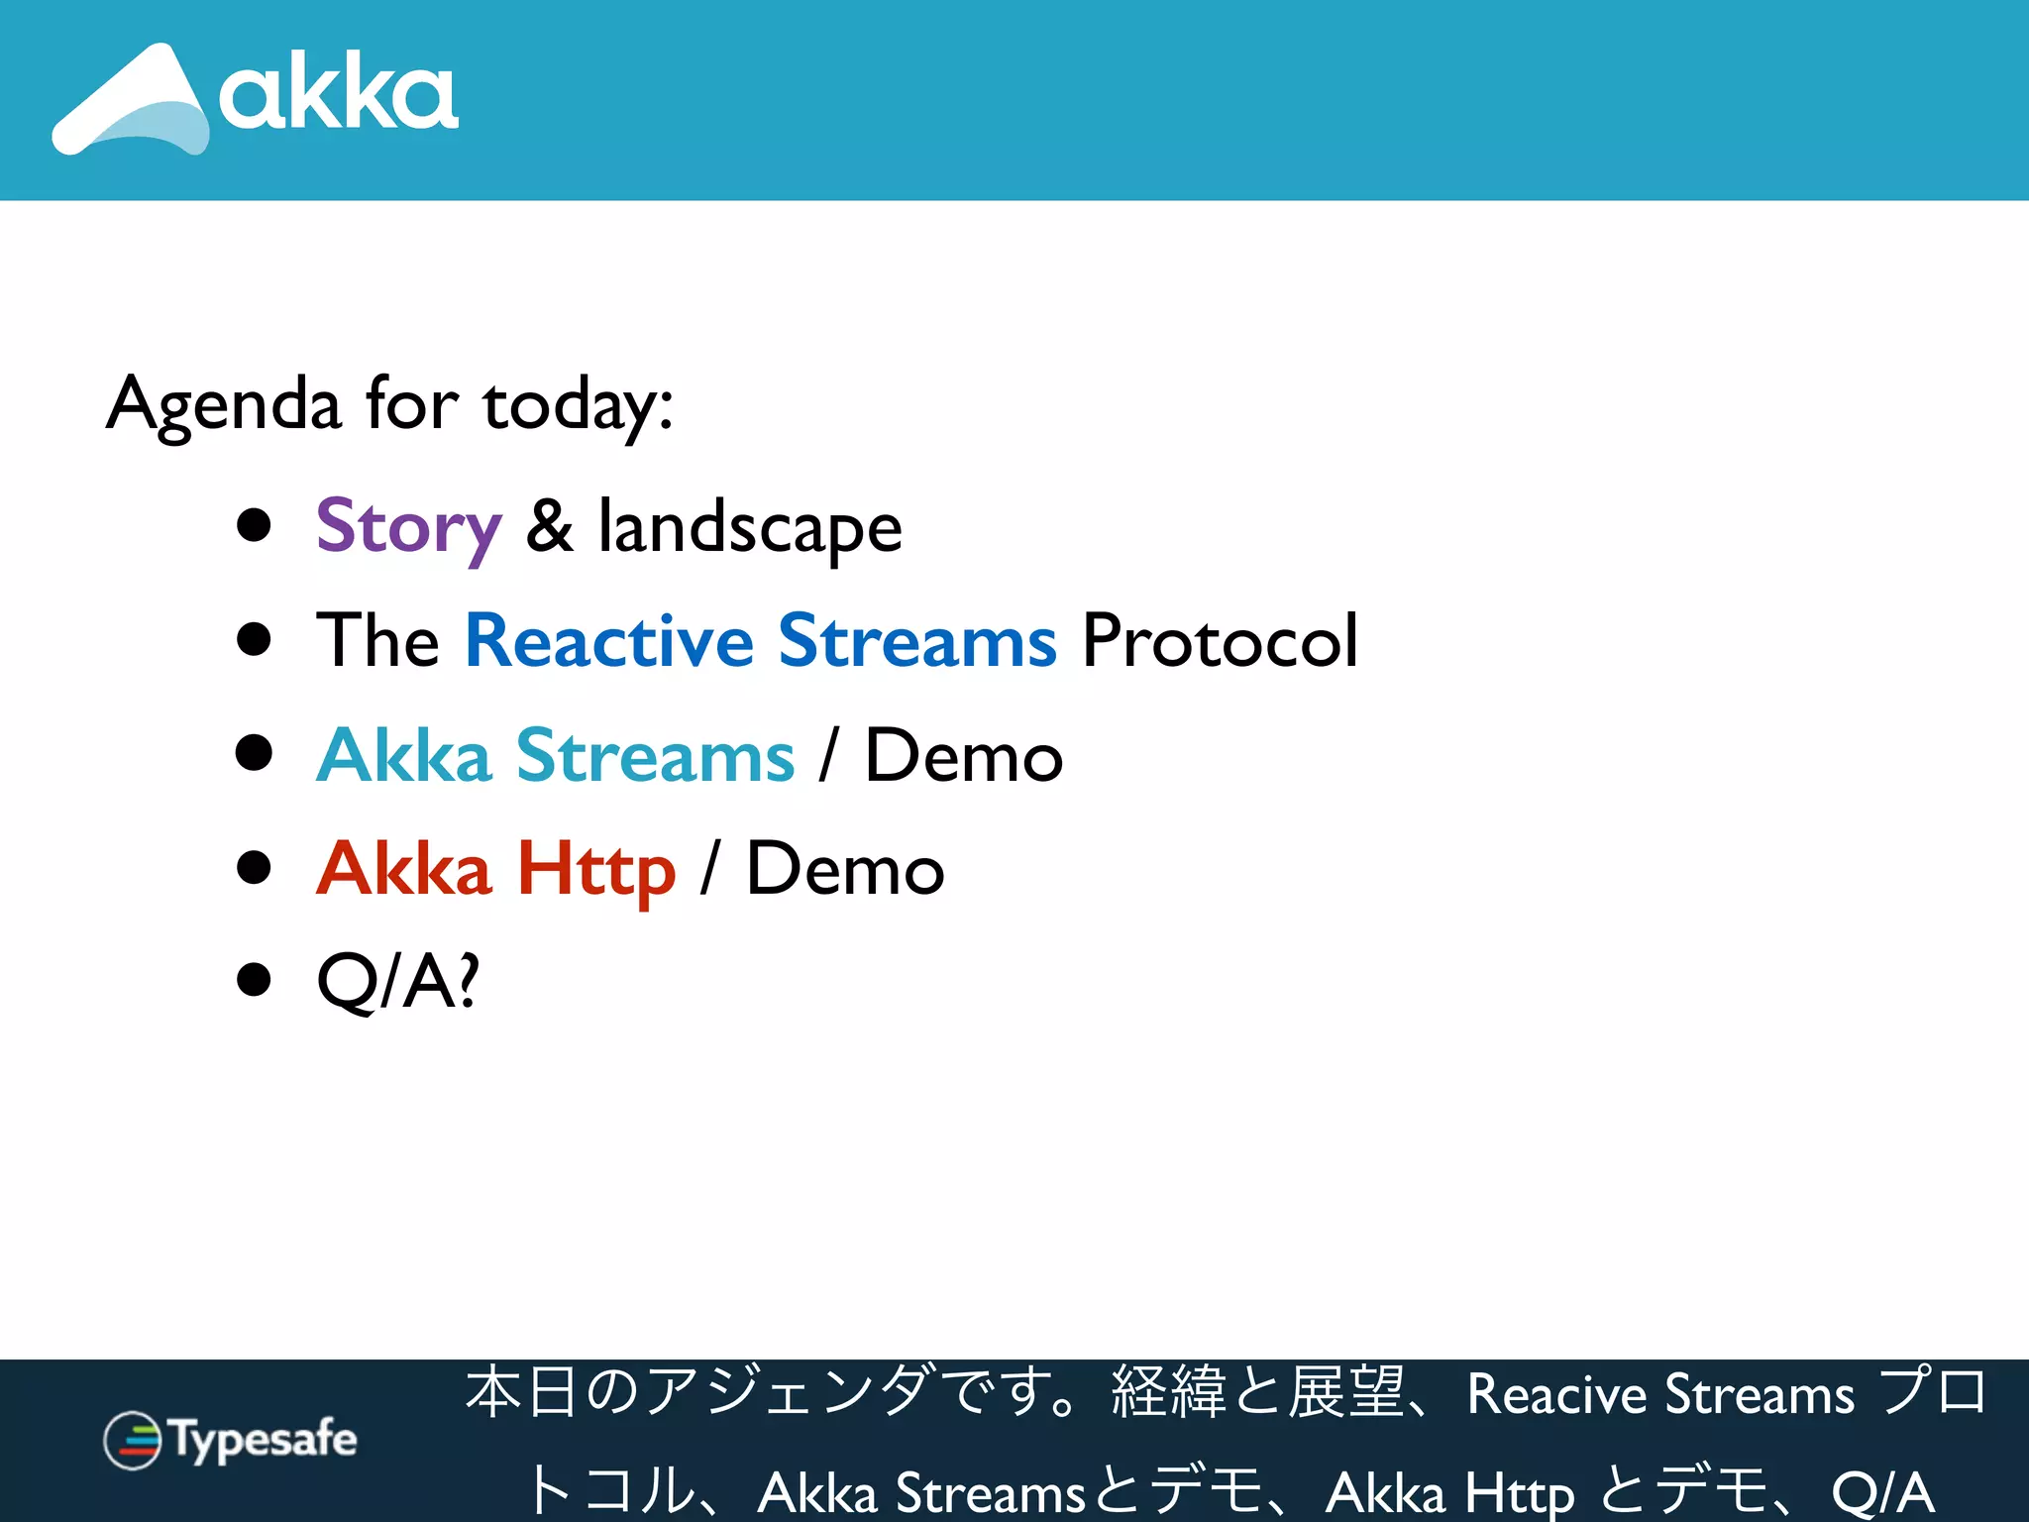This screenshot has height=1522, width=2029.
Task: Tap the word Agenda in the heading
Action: point(224,404)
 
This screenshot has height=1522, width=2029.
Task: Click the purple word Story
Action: point(408,527)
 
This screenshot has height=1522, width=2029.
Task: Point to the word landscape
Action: point(750,527)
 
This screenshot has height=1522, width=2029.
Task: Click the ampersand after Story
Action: point(550,525)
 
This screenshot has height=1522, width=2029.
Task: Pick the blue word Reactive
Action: point(609,640)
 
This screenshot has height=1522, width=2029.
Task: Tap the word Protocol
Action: point(1220,640)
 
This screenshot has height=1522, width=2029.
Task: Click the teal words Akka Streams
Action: point(556,755)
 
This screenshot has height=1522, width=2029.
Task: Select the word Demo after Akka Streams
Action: point(964,755)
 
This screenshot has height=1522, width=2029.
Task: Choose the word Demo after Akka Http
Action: point(845,869)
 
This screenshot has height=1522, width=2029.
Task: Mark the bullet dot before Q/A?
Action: point(255,980)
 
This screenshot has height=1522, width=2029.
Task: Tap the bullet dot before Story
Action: point(255,525)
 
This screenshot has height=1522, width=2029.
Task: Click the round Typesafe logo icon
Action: point(132,1440)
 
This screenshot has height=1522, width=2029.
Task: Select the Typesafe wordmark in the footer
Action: point(264,1439)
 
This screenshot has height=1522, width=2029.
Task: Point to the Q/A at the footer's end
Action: point(1882,1490)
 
